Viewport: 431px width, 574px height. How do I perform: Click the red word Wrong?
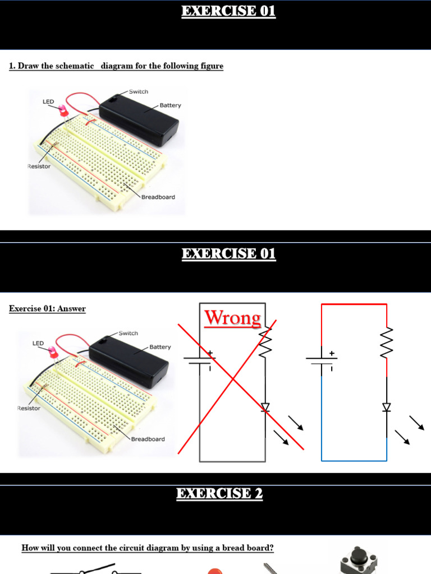(232, 318)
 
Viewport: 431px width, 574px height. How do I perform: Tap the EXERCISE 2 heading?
(219, 494)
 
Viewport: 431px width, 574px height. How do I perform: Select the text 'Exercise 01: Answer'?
(47, 308)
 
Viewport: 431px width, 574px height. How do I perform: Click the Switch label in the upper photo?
(139, 91)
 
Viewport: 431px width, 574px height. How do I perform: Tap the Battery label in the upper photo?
(170, 105)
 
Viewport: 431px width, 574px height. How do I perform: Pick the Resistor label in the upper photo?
(39, 166)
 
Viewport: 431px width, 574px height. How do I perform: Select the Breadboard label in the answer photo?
(148, 439)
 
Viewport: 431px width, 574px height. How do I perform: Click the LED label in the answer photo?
(38, 343)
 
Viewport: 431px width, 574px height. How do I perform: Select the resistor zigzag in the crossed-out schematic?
(265, 342)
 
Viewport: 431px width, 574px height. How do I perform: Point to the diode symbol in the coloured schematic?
(387, 408)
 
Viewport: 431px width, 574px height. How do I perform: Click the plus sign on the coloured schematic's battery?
(332, 354)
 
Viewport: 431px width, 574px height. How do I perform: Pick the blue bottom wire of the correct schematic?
(354, 461)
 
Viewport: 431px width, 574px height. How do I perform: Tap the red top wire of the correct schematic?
(354, 304)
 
